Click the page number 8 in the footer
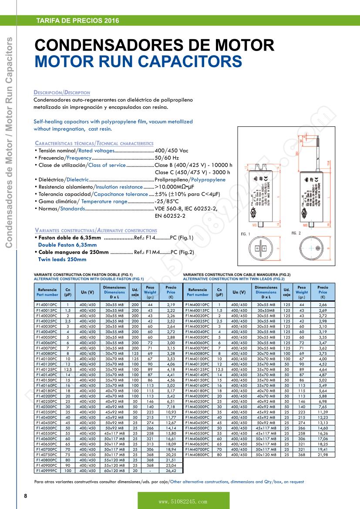[26, 496]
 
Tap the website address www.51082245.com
[183, 502]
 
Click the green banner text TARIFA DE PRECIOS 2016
[77, 20]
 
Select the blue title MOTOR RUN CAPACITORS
[138, 61]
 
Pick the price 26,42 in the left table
[171, 471]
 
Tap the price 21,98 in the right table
[323, 455]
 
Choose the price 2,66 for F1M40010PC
[323, 304]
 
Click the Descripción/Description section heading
[62, 93]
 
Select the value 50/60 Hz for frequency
[167, 158]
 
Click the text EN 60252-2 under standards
[170, 216]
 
